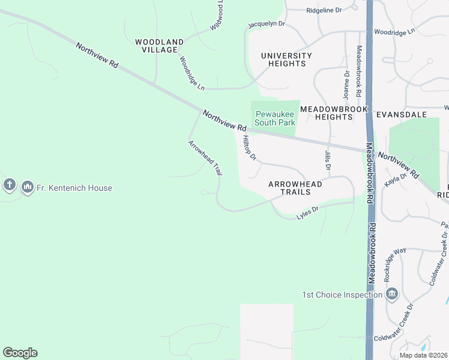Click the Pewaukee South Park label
pyautogui.click(x=275, y=118)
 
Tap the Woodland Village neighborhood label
pyautogui.click(x=159, y=46)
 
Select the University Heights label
pyautogui.click(x=286, y=60)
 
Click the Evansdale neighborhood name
pyautogui.click(x=401, y=114)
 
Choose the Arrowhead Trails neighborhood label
pyautogui.click(x=295, y=188)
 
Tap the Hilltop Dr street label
pyautogui.click(x=249, y=148)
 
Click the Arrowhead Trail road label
pyautogui.click(x=205, y=158)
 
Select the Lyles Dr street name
pyautogui.click(x=307, y=212)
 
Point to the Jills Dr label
pyautogui.click(x=328, y=160)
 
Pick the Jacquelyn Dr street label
pyautogui.click(x=267, y=25)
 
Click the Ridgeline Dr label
pyautogui.click(x=324, y=10)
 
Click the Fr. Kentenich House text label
pyautogui.click(x=74, y=188)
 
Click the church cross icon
pyautogui.click(x=10, y=185)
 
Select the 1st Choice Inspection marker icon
pyautogui.click(x=392, y=294)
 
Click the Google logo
pyautogui.click(x=20, y=353)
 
